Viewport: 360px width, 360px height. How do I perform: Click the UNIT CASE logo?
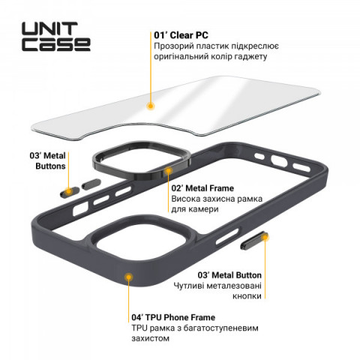pyautogui.click(x=56, y=37)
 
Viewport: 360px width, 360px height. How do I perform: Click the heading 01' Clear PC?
pyautogui.click(x=181, y=35)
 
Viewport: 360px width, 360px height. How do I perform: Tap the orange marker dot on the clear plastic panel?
pyautogui.click(x=150, y=106)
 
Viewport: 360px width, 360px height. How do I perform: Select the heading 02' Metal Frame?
pyautogui.click(x=202, y=188)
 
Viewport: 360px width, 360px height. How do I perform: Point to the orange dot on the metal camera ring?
pyautogui.click(x=169, y=171)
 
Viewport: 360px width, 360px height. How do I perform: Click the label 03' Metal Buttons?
pyautogui.click(x=47, y=160)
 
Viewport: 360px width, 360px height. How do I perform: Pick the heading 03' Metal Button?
pyautogui.click(x=229, y=275)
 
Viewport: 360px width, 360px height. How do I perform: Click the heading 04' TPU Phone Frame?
pyautogui.click(x=173, y=317)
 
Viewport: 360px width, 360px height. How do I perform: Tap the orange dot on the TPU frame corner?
pyautogui.click(x=128, y=277)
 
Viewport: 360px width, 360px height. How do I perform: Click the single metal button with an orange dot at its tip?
pyautogui.click(x=254, y=241)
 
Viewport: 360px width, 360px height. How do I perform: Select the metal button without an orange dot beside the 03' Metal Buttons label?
pyautogui.click(x=91, y=184)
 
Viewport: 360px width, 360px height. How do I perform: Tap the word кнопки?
pyautogui.click(x=247, y=296)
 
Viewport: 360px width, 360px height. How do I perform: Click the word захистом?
pyautogui.click(x=151, y=338)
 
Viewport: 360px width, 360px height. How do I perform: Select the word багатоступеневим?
pyautogui.click(x=220, y=328)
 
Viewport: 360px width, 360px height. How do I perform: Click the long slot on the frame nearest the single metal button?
pyautogui.click(x=227, y=236)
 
